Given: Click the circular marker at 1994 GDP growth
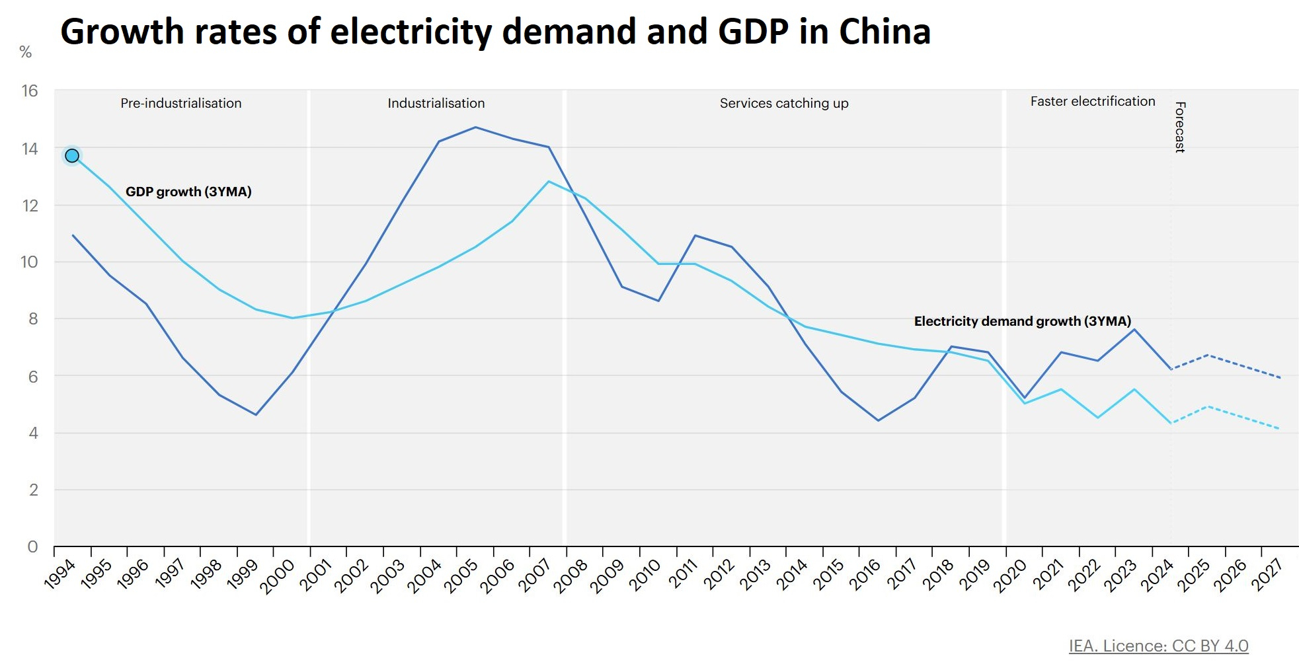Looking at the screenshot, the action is pyautogui.click(x=72, y=156).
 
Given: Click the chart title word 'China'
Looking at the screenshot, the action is pyautogui.click(x=885, y=32).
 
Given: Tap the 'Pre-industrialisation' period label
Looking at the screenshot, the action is pyautogui.click(x=181, y=103).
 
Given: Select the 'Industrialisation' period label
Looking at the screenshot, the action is pyautogui.click(x=436, y=103).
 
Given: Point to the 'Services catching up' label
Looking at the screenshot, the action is pyautogui.click(x=784, y=103).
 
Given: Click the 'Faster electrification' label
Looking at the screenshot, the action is pyautogui.click(x=1093, y=101).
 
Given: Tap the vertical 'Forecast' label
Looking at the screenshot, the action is pyautogui.click(x=1180, y=127).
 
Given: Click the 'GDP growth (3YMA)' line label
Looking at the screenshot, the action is pyautogui.click(x=188, y=192).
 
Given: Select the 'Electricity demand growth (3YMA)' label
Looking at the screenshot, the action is pyautogui.click(x=1023, y=321).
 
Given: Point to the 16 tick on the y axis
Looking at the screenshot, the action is pyautogui.click(x=30, y=91).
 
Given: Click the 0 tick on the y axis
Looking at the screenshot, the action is pyautogui.click(x=32, y=546).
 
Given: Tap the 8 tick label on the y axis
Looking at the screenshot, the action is pyautogui.click(x=32, y=318).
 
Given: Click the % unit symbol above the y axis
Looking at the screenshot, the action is pyautogui.click(x=26, y=52).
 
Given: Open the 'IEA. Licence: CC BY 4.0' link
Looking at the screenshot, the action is pyautogui.click(x=1159, y=646).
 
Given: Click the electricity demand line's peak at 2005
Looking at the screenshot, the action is pyautogui.click(x=475, y=128).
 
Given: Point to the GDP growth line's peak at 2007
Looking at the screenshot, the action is pyautogui.click(x=549, y=182).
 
